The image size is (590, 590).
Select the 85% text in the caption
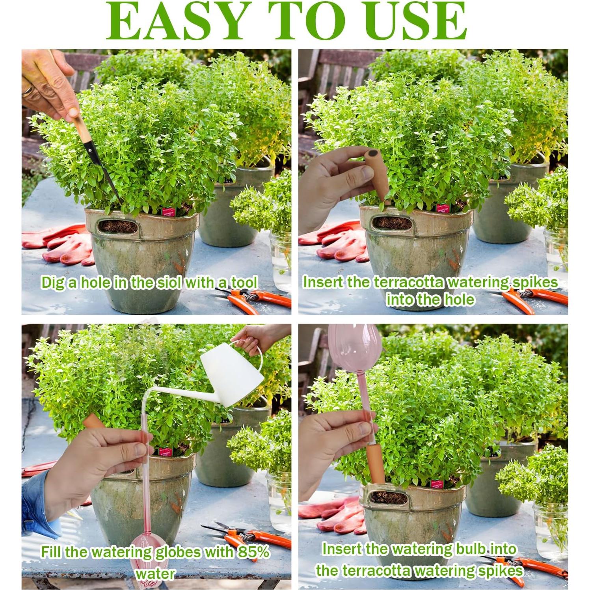(x=253, y=552)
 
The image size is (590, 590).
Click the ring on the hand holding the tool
(x=27, y=91)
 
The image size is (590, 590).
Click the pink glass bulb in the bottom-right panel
(x=354, y=347)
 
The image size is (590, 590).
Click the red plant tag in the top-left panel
(x=169, y=212)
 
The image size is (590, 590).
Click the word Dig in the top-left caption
(x=54, y=283)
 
